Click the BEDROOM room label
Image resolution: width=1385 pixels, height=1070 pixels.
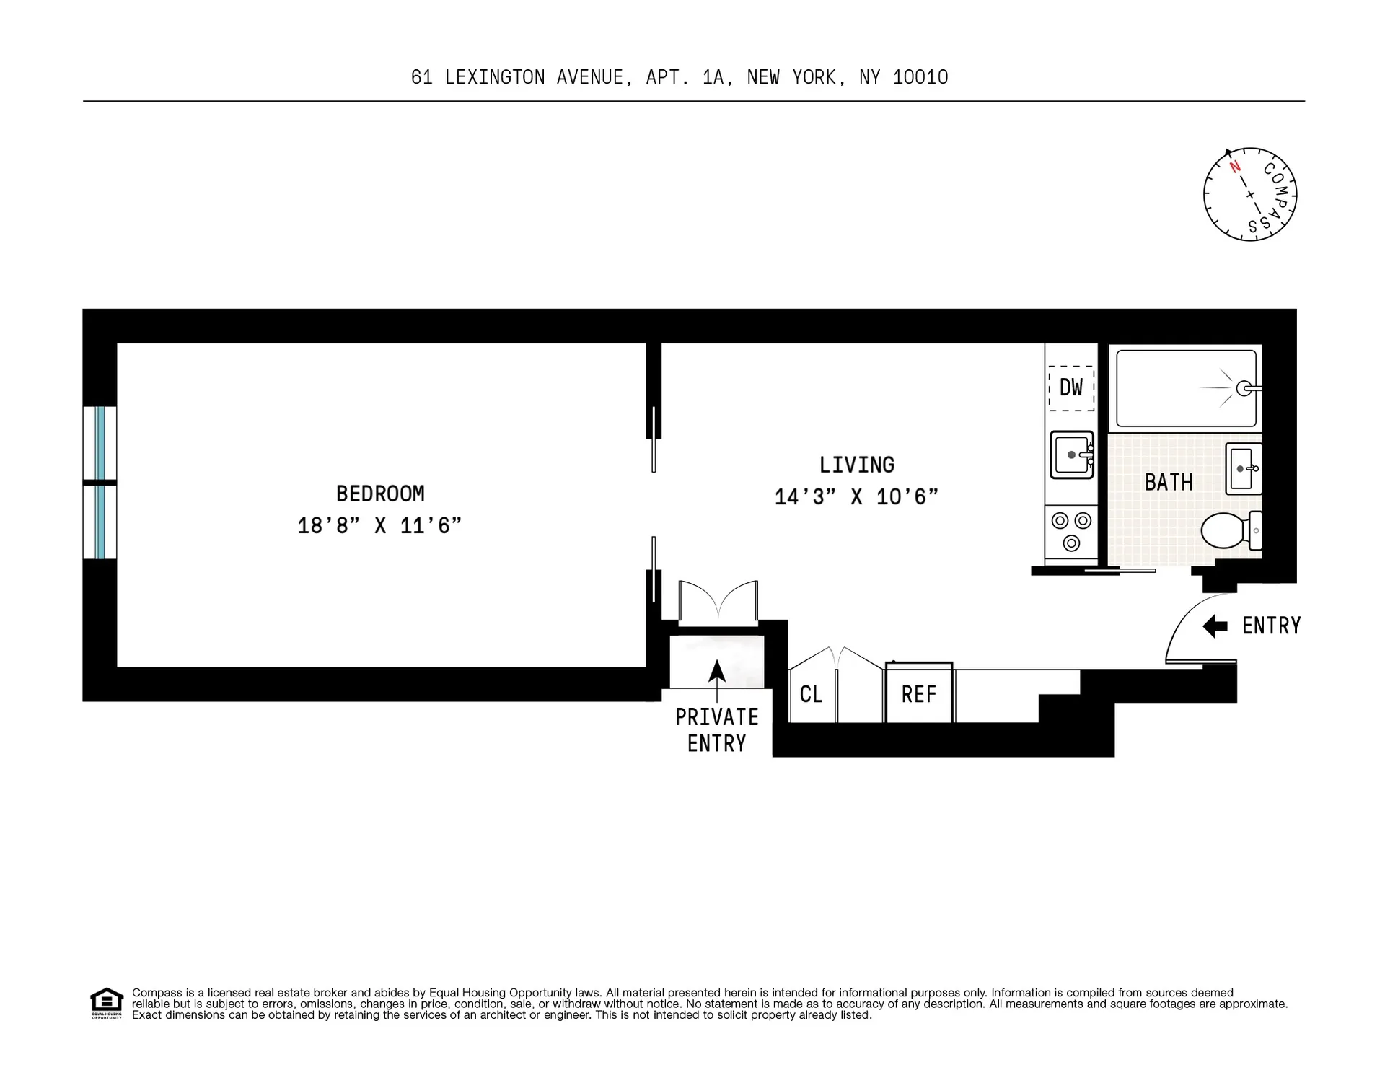tap(380, 494)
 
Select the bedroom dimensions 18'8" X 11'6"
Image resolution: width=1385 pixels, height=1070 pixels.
tap(379, 525)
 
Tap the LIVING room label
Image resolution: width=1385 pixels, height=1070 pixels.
tap(856, 465)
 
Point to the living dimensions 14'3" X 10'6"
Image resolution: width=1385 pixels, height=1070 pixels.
tap(856, 497)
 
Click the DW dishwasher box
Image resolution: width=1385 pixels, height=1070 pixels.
tap(1070, 388)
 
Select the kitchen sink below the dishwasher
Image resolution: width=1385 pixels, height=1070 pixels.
tap(1071, 455)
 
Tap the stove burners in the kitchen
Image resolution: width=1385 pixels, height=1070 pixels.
tap(1071, 531)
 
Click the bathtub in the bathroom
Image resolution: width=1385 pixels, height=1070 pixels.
tap(1185, 388)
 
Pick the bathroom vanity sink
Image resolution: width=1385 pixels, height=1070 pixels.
tap(1243, 468)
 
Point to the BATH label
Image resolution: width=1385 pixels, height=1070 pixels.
tap(1168, 483)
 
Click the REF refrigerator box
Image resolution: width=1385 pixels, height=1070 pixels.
tap(918, 694)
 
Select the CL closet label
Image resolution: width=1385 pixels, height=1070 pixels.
tap(811, 694)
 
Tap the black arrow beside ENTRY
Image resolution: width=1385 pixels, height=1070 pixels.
tap(1215, 626)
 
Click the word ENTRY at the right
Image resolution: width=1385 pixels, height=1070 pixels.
tap(1271, 626)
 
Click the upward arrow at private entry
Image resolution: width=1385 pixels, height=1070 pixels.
tap(716, 675)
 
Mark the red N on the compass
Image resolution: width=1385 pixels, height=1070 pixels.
tap(1235, 167)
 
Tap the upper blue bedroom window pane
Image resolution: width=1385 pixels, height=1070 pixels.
tap(100, 443)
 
